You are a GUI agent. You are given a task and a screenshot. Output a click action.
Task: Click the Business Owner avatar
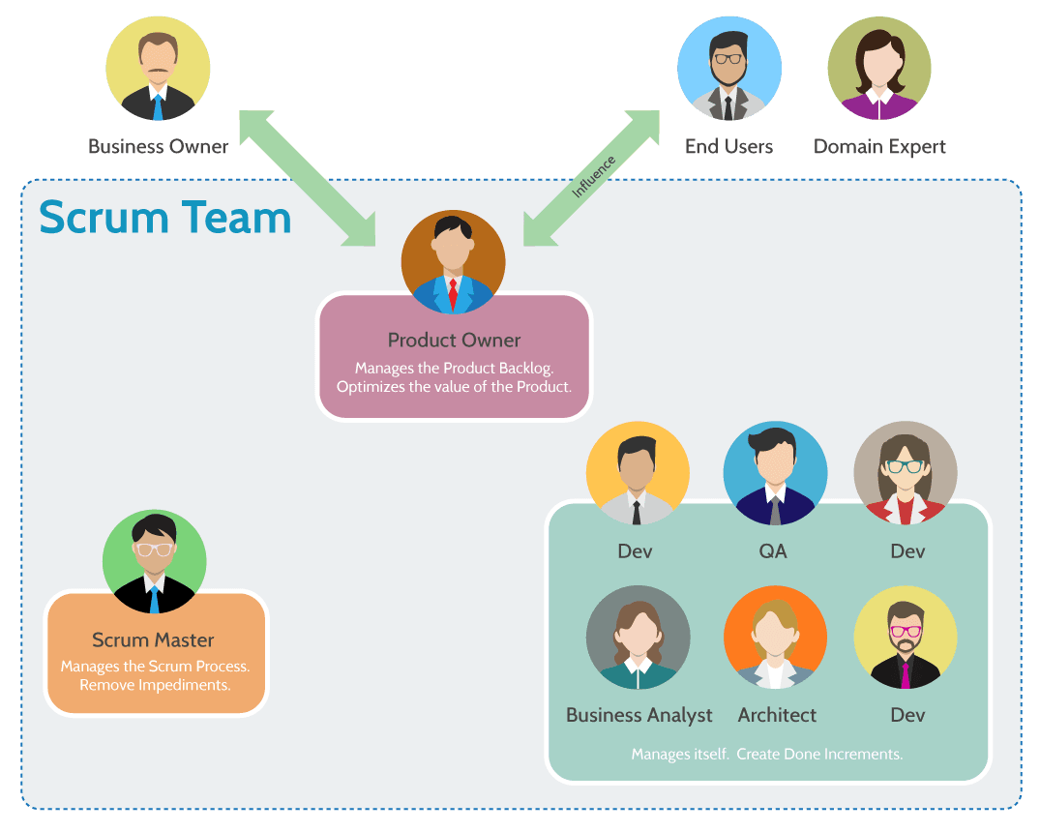[158, 69]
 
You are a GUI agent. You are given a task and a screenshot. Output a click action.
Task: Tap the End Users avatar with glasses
[729, 69]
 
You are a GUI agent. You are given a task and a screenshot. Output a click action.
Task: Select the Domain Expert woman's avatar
[879, 69]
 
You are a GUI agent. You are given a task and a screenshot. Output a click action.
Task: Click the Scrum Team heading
[165, 218]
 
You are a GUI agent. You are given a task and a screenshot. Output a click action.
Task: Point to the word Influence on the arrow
[592, 176]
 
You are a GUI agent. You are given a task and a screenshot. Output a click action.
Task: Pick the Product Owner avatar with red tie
[453, 262]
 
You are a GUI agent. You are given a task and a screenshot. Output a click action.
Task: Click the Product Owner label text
[454, 341]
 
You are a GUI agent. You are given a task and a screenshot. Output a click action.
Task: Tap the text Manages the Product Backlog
[454, 368]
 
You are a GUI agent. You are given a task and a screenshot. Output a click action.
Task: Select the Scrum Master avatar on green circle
[154, 562]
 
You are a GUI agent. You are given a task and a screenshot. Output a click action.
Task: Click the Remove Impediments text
[155, 685]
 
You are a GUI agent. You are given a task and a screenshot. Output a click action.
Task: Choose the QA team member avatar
[775, 473]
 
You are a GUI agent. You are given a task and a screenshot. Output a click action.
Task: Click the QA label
[773, 551]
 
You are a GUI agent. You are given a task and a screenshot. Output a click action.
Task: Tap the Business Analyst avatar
[638, 638]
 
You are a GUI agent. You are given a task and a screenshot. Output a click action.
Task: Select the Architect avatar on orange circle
[775, 638]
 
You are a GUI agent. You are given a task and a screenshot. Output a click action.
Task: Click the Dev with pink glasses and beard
[906, 638]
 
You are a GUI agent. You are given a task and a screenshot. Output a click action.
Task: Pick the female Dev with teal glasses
[906, 473]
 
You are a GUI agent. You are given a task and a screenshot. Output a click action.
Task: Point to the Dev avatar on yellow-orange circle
[638, 473]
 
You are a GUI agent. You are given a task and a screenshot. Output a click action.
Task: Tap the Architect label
[777, 716]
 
